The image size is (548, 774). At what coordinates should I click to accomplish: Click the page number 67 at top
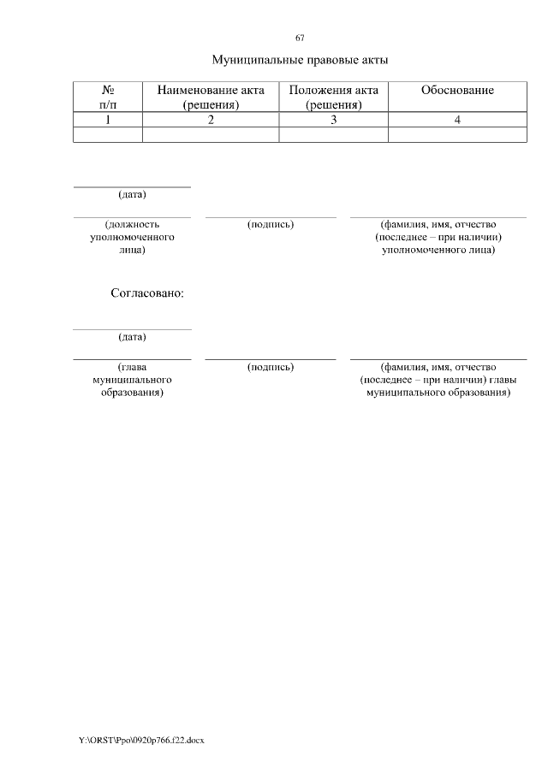click(300, 38)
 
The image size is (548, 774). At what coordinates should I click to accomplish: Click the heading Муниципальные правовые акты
click(300, 61)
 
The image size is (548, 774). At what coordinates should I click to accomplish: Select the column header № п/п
click(108, 97)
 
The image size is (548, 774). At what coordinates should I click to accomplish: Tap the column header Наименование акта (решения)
click(211, 97)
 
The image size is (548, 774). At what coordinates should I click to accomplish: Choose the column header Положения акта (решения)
click(334, 97)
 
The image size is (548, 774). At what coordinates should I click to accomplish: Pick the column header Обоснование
click(457, 91)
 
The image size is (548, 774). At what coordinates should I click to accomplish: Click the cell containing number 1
click(108, 120)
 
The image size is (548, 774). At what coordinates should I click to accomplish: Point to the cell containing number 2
click(211, 120)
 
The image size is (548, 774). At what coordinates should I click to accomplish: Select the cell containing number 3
click(334, 120)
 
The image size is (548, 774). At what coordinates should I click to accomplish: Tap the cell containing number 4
click(457, 120)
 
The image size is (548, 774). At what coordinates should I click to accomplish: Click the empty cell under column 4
click(457, 134)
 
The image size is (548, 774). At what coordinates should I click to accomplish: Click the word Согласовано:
click(148, 292)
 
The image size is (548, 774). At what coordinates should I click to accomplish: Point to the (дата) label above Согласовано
click(132, 195)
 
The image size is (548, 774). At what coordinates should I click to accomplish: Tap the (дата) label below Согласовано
click(132, 337)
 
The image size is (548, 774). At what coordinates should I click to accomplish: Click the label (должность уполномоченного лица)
click(132, 237)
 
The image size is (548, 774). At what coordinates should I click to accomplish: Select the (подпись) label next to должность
click(271, 224)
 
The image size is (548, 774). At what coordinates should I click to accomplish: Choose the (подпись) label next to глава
click(271, 366)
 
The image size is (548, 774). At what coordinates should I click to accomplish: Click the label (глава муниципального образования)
click(132, 379)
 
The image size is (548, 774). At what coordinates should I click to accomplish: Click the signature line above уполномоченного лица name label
click(438, 217)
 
